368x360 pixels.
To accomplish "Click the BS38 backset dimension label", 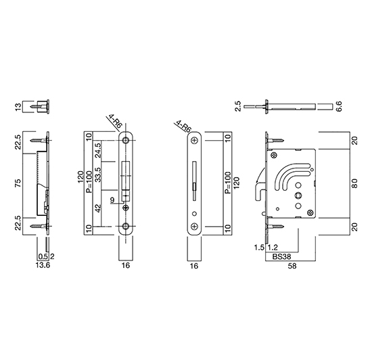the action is click(281, 256).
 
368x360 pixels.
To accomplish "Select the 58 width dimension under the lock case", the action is click(292, 266).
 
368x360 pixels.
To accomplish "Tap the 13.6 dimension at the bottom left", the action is click(43, 265).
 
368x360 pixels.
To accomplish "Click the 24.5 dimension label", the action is click(98, 150).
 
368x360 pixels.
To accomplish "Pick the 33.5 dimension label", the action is click(98, 175).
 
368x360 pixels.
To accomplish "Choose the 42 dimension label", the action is click(98, 208).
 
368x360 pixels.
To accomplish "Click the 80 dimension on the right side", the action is click(354, 183).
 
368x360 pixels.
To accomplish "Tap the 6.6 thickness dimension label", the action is click(340, 106).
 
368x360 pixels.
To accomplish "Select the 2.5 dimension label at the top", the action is click(237, 106).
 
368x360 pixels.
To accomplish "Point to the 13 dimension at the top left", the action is click(18, 107).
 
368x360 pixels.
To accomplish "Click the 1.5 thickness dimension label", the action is click(259, 248).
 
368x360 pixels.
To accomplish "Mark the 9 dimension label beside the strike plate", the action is click(112, 200).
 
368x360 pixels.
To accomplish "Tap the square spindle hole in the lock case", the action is click(298, 195).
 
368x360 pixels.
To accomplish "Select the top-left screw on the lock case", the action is click(274, 155).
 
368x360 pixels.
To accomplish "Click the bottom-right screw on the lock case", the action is click(310, 212).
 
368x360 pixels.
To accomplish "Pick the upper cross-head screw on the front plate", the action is click(194, 141).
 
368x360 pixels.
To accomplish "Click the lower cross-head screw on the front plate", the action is click(194, 227).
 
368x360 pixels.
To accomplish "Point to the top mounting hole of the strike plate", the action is click(126, 141).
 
